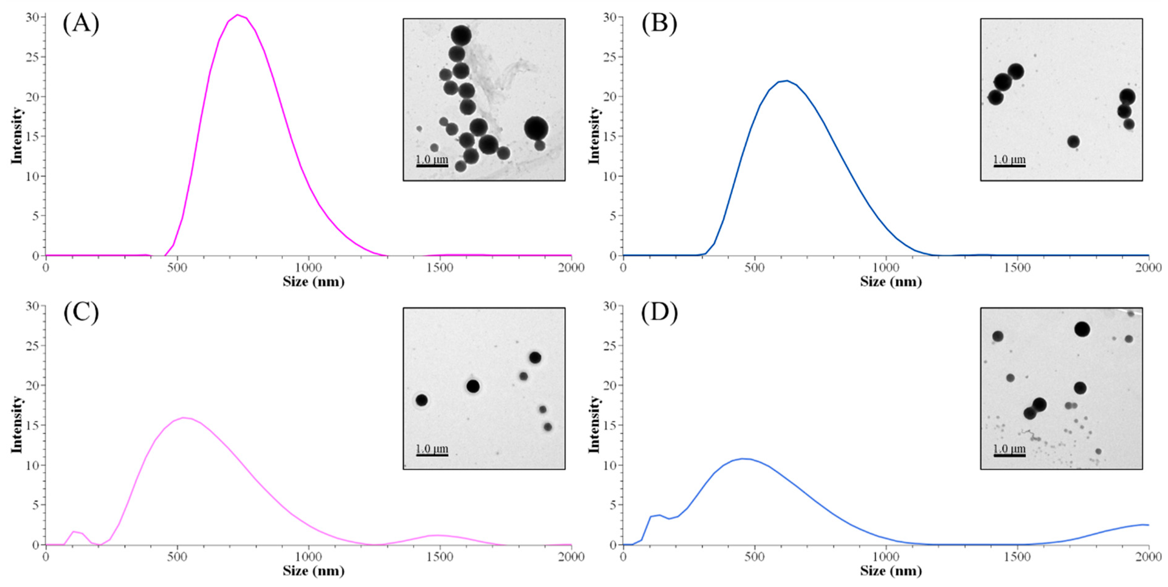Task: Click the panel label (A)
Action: pos(81,24)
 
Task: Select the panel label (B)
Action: pos(659,24)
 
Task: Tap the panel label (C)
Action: pos(81,313)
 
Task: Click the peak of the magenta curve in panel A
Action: pos(237,15)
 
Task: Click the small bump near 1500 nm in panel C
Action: pos(438,535)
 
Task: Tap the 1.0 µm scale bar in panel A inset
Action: pos(432,165)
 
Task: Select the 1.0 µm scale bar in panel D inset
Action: pos(1009,455)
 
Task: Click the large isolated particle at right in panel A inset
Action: pos(536,128)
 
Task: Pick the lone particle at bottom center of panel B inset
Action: pos(1073,142)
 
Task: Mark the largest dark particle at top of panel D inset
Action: pos(1082,329)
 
